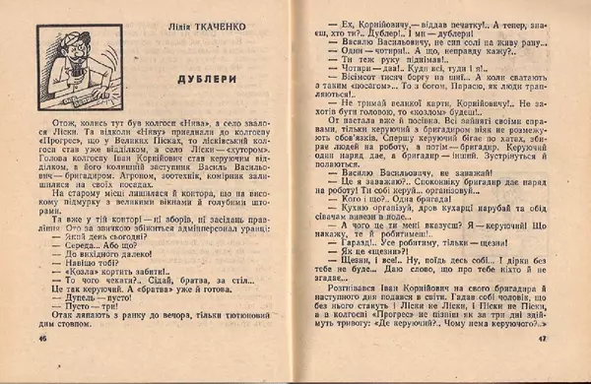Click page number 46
(41, 365)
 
